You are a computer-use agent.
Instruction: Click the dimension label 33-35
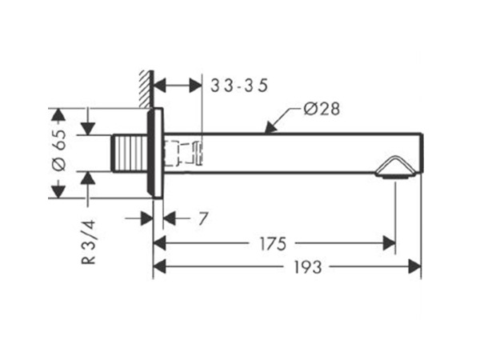[x=239, y=86]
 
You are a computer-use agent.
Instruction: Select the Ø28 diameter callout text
[x=322, y=109]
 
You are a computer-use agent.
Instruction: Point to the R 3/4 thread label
[x=89, y=242]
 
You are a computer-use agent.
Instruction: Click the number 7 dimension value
[x=203, y=218]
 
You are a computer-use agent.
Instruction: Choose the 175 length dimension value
[x=273, y=244]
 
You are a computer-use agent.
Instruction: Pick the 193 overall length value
[x=308, y=267]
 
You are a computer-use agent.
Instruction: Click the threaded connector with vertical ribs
[x=130, y=153]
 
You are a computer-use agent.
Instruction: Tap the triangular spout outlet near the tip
[x=395, y=167]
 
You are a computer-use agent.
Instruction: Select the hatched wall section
[x=146, y=89]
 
